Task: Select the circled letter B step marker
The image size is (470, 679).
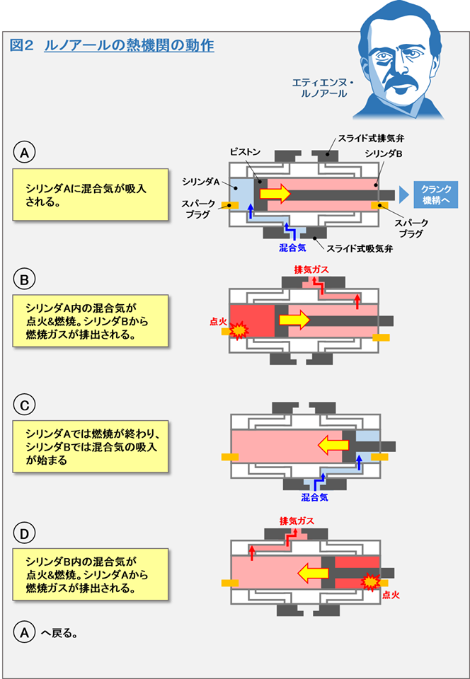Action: pos(24,280)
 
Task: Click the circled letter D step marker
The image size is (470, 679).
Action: pos(24,531)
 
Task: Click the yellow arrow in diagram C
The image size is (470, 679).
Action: pos(333,445)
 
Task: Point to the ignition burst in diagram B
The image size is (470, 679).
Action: pos(239,329)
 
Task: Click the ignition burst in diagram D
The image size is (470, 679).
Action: pos(369,581)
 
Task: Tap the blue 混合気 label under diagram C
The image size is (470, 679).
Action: pos(314,497)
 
